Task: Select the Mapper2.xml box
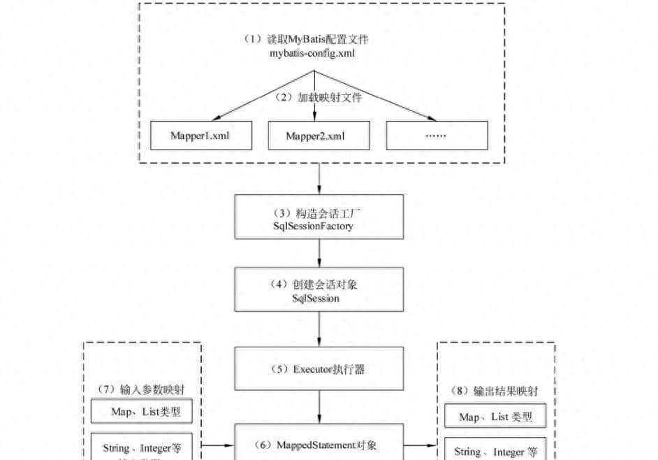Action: [x=318, y=136]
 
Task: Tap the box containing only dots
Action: [x=437, y=136]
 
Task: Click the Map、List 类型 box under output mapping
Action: [x=495, y=417]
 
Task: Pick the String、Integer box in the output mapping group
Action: [x=495, y=452]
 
